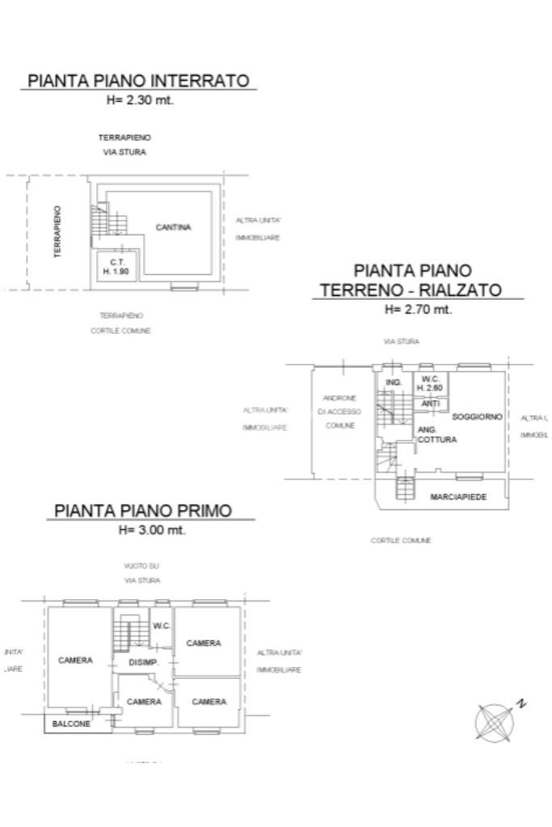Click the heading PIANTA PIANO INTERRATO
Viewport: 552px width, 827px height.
coord(138,81)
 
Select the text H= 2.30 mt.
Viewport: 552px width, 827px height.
coord(140,101)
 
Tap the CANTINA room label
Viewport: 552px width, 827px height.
coord(173,228)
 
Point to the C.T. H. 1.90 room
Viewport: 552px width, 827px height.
coord(116,268)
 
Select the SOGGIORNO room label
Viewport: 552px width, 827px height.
coord(477,416)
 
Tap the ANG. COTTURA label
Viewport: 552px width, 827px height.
coord(436,435)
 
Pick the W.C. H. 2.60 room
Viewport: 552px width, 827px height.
coord(430,384)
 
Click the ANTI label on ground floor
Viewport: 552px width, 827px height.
coord(431,403)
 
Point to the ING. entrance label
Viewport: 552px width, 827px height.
coord(394,382)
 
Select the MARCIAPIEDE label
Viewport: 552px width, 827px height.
coord(458,496)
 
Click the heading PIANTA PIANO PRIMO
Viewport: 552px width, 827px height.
coord(143,511)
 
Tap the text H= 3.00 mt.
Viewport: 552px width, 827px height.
coord(152,531)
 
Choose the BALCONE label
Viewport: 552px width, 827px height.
coord(71,724)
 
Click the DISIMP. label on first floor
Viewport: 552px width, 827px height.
coord(142,663)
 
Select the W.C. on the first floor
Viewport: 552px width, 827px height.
coord(162,626)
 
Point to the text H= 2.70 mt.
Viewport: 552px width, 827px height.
coord(418,309)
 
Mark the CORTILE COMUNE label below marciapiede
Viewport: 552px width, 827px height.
coord(401,541)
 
